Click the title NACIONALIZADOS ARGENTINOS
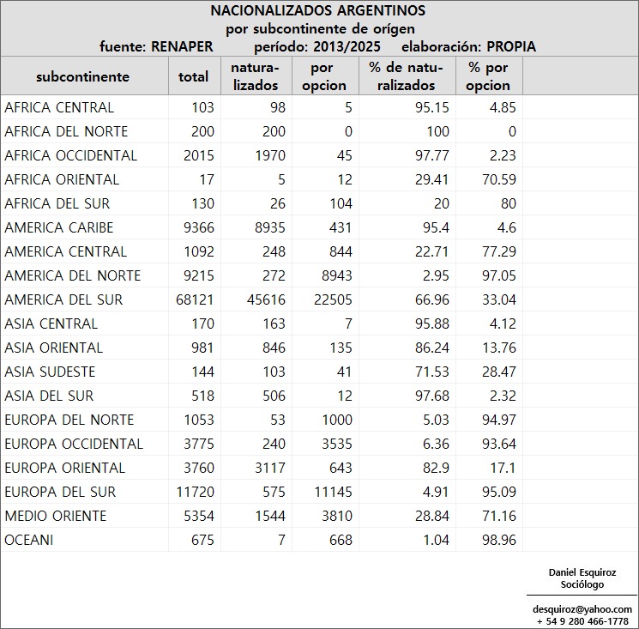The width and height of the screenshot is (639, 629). pyautogui.click(x=317, y=11)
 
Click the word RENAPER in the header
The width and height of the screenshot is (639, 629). pyautogui.click(x=182, y=46)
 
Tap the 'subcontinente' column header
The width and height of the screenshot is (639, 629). pyautogui.click(x=82, y=76)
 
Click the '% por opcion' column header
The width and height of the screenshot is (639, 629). pyautogui.click(x=489, y=76)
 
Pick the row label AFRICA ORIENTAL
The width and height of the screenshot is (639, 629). pyautogui.click(x=62, y=179)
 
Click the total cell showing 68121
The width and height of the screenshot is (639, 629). pyautogui.click(x=193, y=299)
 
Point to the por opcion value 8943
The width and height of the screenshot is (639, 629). pyautogui.click(x=330, y=275)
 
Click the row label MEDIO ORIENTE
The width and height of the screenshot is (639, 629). pyautogui.click(x=56, y=516)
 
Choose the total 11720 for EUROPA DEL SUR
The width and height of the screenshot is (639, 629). pyautogui.click(x=193, y=492)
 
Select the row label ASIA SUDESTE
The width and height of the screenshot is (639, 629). pyautogui.click(x=50, y=372)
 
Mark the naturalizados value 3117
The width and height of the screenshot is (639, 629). pyautogui.click(x=262, y=468)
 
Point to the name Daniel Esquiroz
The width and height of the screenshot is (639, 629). pyautogui.click(x=582, y=572)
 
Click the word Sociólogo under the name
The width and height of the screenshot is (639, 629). pyautogui.click(x=582, y=584)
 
